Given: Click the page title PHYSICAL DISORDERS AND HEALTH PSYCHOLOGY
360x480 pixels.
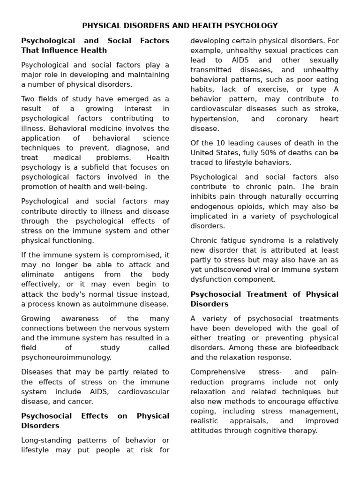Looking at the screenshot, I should [x=180, y=26].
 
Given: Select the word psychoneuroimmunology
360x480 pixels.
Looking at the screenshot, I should [x=66, y=357].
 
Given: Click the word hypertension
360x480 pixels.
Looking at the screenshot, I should [x=214, y=119].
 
